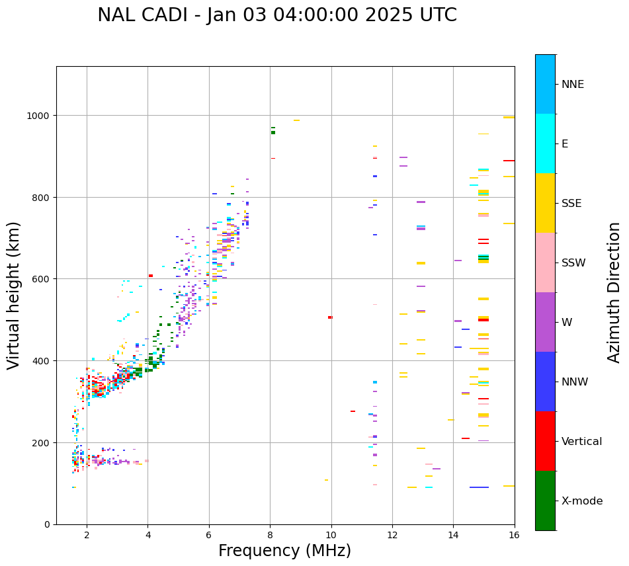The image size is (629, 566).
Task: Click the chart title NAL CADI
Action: point(276,15)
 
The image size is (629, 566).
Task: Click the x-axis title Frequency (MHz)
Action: point(284,551)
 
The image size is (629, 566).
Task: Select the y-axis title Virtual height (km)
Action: point(14,296)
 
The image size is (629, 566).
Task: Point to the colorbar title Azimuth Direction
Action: point(614,292)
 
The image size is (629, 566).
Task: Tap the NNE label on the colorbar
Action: point(573,85)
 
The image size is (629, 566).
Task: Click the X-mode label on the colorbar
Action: point(582,501)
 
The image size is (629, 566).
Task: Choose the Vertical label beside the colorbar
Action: point(582,442)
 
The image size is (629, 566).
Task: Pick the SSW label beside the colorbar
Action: point(573,263)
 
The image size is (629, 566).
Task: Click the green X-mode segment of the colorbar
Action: point(545,501)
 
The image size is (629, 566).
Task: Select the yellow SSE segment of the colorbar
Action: point(545,203)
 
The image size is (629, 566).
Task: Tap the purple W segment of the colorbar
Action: point(545,322)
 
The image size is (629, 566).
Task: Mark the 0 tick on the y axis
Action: point(48,524)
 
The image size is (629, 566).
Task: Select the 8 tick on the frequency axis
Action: point(270,535)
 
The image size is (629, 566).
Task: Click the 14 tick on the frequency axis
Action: point(453,535)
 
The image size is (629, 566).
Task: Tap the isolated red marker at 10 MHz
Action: point(330,317)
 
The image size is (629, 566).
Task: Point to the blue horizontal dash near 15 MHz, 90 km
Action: point(479,487)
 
